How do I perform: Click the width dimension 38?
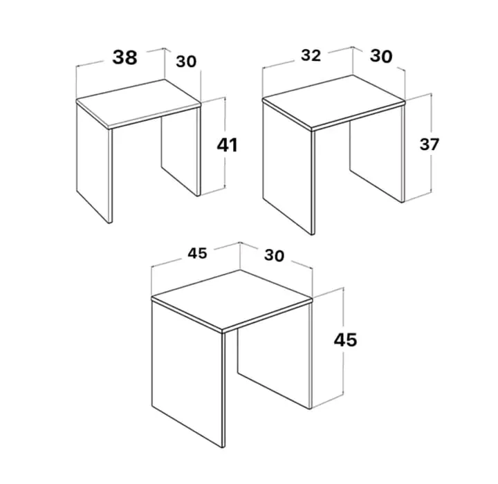pyautogui.click(x=124, y=58)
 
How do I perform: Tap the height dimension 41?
pyautogui.click(x=227, y=145)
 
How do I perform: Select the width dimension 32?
pyautogui.click(x=311, y=55)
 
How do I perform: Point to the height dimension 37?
pyautogui.click(x=429, y=145)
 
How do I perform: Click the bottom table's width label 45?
pyautogui.click(x=197, y=254)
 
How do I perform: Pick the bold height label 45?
pyautogui.click(x=345, y=339)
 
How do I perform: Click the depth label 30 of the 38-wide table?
pyautogui.click(x=186, y=62)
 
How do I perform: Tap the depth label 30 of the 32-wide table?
pyautogui.click(x=381, y=56)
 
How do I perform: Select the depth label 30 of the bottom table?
pyautogui.click(x=274, y=255)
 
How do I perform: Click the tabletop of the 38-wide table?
pyautogui.click(x=138, y=104)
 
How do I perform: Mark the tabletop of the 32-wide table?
pyautogui.click(x=334, y=102)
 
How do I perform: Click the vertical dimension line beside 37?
pyautogui.click(x=431, y=143)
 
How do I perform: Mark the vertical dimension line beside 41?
pyautogui.click(x=225, y=142)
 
